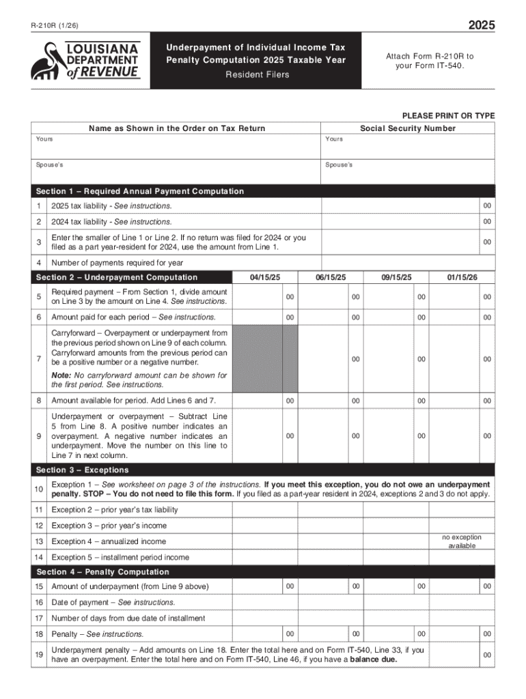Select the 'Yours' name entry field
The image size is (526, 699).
click(176, 147)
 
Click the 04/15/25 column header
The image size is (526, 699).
click(265, 277)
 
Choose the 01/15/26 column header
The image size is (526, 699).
click(462, 277)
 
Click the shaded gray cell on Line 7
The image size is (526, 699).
click(265, 358)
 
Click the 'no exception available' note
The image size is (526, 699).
click(462, 541)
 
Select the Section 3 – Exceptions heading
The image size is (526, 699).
click(83, 470)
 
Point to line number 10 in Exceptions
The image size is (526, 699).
click(40, 489)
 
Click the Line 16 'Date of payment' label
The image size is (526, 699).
click(113, 603)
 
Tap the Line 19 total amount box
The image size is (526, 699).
click(462, 655)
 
